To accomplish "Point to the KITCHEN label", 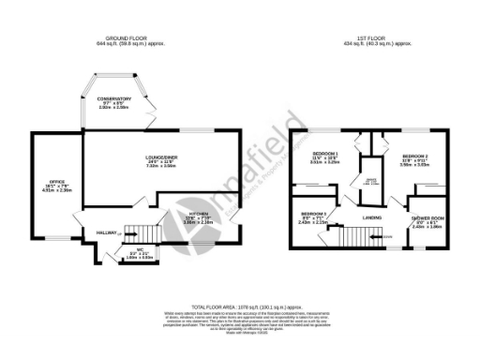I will (184, 214).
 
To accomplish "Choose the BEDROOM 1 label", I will (324, 153).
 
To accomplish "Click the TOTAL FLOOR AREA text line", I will (240, 307).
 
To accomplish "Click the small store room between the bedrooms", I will (372, 183).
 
